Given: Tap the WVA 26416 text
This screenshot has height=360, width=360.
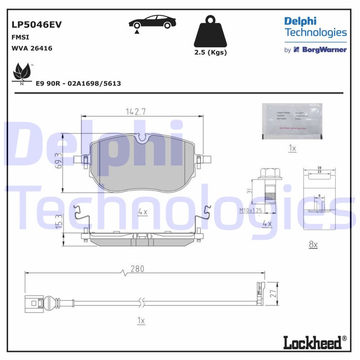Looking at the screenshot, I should coord(31,48).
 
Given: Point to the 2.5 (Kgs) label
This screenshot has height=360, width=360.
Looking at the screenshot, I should coord(210,52).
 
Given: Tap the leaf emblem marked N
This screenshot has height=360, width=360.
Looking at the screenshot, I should coord(22,73).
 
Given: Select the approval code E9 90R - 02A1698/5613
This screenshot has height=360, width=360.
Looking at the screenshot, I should coord(78,84).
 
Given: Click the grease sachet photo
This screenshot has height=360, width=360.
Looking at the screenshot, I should coord(292,120).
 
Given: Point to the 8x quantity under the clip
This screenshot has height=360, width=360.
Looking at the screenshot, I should coord(313,244).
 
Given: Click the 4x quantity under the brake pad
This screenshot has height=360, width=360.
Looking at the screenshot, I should coord(143,212).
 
